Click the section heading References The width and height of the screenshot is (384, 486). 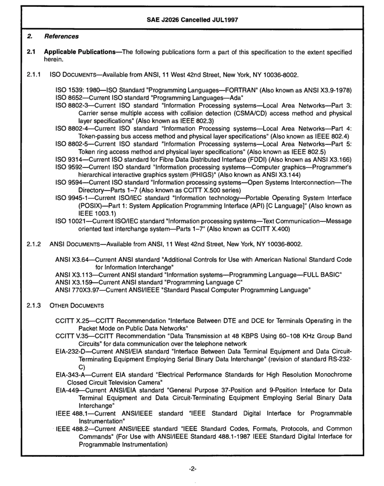coord(61,37)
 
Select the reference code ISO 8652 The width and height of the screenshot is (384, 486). coord(69,96)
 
